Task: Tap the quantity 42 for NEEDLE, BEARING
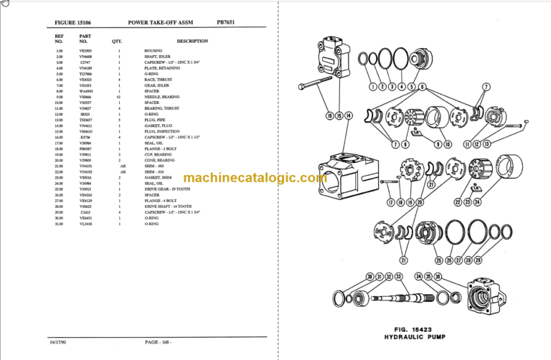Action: click(119, 97)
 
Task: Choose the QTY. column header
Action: click(118, 41)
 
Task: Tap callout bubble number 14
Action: click(349, 115)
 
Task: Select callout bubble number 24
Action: click(478, 203)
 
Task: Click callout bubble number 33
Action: click(398, 277)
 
